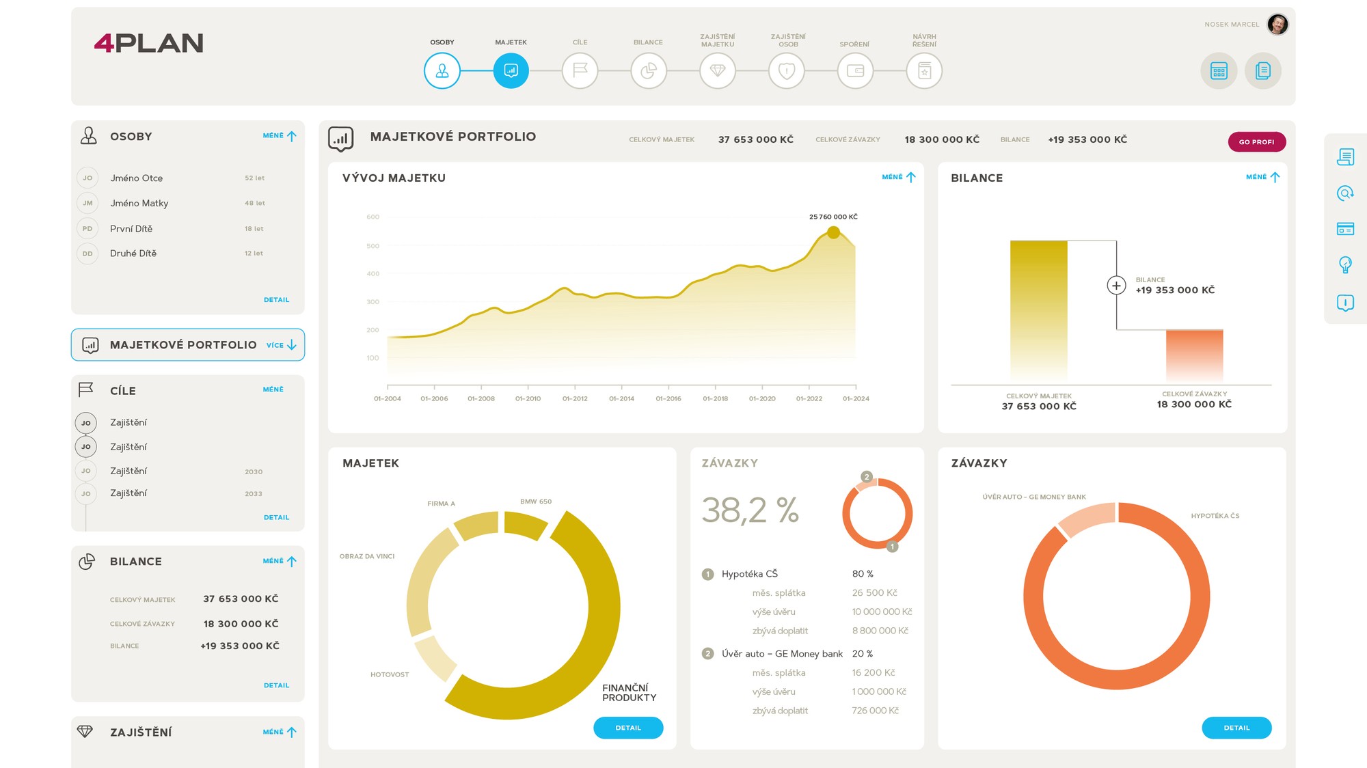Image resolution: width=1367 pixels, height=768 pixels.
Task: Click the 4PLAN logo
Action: (148, 43)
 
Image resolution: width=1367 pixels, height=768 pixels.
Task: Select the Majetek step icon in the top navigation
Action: (511, 70)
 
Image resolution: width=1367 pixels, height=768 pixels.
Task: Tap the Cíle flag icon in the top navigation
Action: (580, 70)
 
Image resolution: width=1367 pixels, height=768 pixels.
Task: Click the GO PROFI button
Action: (1256, 141)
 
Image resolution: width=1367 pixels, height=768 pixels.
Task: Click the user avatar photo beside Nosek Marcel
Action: (1277, 25)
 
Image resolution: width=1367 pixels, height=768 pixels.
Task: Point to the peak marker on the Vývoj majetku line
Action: (833, 232)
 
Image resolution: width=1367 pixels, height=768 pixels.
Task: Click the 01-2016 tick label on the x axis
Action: (668, 398)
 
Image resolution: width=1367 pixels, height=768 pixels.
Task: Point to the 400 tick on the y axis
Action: (373, 273)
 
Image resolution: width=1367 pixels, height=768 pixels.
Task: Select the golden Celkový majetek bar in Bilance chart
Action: (1038, 311)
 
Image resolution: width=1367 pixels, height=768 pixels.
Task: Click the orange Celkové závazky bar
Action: (1194, 355)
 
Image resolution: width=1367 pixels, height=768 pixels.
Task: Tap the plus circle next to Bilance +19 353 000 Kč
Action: (1116, 285)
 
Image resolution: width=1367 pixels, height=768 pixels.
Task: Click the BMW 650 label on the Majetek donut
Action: (535, 502)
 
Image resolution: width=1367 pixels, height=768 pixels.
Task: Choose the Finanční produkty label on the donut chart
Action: (629, 692)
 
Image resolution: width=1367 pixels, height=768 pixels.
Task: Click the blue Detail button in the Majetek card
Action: (627, 728)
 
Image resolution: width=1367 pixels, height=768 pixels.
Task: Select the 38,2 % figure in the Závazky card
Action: (750, 510)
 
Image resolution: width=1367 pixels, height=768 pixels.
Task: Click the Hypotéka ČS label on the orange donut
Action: (1215, 516)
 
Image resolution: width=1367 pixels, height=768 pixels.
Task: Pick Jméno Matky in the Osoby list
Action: (139, 203)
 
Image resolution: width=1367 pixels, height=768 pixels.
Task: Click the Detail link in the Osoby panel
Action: (276, 300)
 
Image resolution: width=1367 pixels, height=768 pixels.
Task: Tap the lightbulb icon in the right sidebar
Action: (1344, 264)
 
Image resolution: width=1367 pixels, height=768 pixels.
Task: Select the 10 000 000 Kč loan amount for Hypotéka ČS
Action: (882, 612)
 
